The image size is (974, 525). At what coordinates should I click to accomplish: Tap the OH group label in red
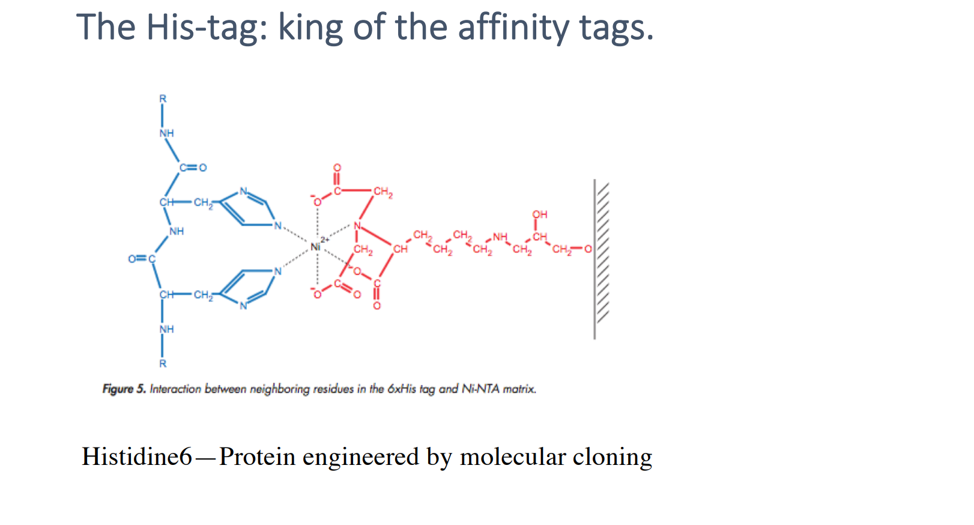coord(539,214)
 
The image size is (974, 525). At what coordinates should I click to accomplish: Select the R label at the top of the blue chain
coord(162,99)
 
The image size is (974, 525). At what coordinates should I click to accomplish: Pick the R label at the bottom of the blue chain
coord(162,363)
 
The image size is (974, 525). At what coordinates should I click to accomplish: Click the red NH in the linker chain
coord(500,237)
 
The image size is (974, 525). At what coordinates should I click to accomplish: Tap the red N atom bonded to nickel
coord(357,226)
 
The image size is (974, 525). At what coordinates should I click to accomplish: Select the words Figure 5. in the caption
coord(124,389)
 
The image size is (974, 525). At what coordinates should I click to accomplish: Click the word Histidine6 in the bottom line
coord(137,457)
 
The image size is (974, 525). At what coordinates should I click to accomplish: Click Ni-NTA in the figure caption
coord(480,389)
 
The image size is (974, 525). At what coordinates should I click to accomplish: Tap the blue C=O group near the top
coord(193,168)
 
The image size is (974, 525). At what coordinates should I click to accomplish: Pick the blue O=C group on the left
coord(142,258)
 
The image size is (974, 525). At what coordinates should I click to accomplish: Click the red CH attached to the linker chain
coord(401,249)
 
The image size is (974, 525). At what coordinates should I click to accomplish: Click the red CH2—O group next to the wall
coord(571,249)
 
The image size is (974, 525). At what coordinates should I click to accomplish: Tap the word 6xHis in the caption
coord(401,389)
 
